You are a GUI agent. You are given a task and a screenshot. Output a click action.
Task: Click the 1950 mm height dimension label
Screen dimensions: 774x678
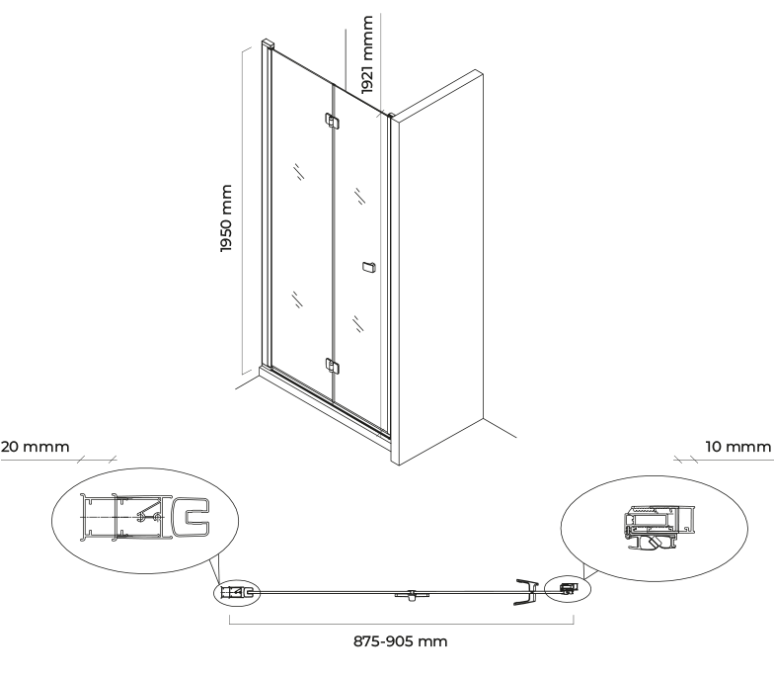tap(226, 218)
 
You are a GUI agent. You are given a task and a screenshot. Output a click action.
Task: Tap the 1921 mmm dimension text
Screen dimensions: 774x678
tap(367, 54)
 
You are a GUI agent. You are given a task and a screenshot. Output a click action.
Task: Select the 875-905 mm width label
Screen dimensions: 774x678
tap(401, 641)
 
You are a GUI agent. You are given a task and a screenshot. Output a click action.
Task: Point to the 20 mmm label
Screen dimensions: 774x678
tap(36, 447)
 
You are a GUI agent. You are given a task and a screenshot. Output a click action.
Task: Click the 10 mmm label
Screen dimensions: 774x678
tap(738, 447)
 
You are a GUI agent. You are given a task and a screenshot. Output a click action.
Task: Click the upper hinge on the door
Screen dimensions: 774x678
tap(332, 121)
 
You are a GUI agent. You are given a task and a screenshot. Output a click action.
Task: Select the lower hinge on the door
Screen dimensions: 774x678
tap(332, 366)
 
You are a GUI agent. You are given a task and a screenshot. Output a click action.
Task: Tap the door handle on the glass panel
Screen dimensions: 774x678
tap(368, 267)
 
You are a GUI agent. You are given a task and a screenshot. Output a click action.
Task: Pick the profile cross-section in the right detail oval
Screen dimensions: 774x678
tap(658, 528)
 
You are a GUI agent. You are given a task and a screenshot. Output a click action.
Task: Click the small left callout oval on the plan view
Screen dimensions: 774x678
tap(237, 591)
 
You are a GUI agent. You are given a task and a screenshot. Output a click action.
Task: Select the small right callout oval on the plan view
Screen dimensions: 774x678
tap(568, 588)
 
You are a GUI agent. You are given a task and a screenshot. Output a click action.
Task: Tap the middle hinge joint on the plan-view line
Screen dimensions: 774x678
tap(412, 595)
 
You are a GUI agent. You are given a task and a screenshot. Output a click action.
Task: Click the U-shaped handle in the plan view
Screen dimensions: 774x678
tap(527, 592)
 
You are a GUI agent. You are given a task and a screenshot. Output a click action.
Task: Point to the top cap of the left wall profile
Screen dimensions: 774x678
tap(267, 43)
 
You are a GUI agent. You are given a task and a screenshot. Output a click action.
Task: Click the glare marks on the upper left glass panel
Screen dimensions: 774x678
tap(298, 172)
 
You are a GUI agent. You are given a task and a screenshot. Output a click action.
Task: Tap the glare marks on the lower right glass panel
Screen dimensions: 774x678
tap(357, 323)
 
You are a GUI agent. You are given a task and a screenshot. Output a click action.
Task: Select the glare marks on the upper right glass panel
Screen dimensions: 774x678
tap(359, 196)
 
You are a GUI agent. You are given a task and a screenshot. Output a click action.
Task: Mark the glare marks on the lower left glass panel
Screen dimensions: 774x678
tap(296, 299)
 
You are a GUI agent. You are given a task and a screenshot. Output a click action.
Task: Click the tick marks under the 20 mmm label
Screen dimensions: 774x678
tap(97, 460)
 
